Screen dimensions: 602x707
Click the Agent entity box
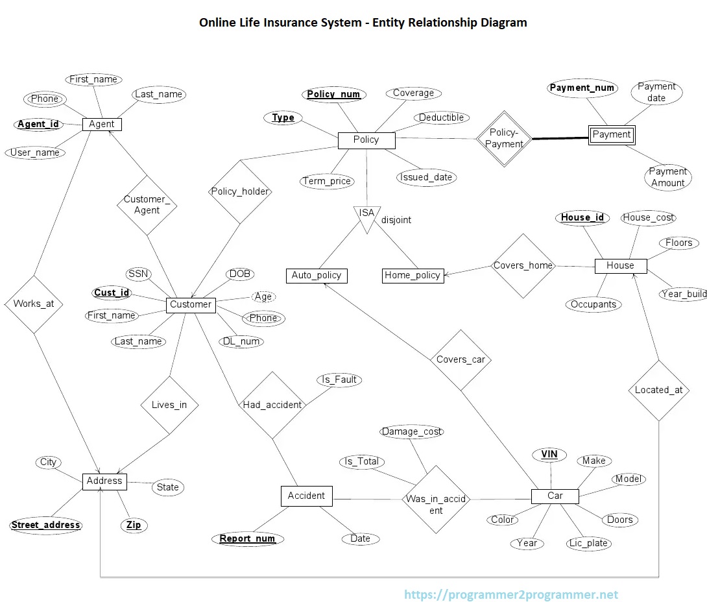102,124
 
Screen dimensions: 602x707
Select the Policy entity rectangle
366,139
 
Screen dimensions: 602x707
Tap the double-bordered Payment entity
611,135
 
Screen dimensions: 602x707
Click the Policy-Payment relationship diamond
504,138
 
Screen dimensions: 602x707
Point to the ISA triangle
366,217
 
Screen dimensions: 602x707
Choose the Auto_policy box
317,275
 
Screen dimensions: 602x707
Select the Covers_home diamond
523,265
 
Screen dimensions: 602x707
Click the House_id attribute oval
582,217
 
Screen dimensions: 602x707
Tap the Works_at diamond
34,304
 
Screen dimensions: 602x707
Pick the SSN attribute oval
138,274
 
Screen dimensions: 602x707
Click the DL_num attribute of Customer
241,341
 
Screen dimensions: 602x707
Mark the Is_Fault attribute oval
339,379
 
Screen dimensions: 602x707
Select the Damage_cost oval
412,431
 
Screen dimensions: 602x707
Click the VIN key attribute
549,454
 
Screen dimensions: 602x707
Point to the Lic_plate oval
588,543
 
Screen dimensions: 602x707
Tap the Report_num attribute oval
247,538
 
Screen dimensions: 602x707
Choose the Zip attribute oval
134,525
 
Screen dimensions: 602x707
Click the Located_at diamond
658,390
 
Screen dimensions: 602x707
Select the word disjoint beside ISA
396,220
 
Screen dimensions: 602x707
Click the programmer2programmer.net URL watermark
511,594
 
